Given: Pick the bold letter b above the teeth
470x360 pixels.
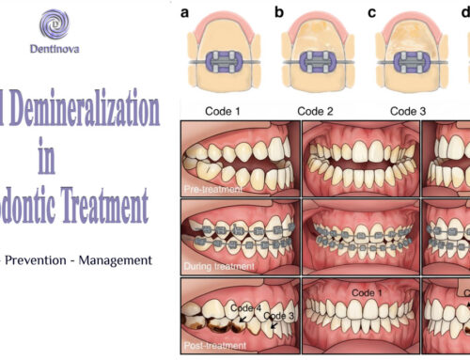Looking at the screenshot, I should coord(278,13).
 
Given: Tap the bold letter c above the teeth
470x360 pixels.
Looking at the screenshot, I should coord(372,13).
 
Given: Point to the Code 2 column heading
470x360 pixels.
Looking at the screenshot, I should coord(316,111).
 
